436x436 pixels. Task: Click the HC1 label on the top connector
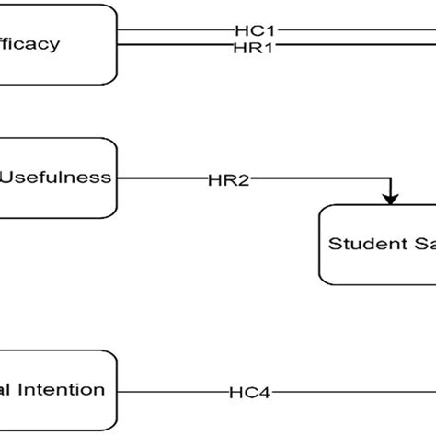(250, 30)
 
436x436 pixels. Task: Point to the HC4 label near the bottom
(250, 392)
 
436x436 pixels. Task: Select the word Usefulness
(55, 178)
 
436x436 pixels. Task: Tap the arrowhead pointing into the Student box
(391, 199)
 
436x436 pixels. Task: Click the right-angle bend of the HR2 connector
(391, 179)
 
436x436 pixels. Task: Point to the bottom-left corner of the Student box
(325, 278)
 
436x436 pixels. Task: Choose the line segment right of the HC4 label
(350, 392)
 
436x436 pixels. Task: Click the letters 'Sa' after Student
(422, 244)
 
